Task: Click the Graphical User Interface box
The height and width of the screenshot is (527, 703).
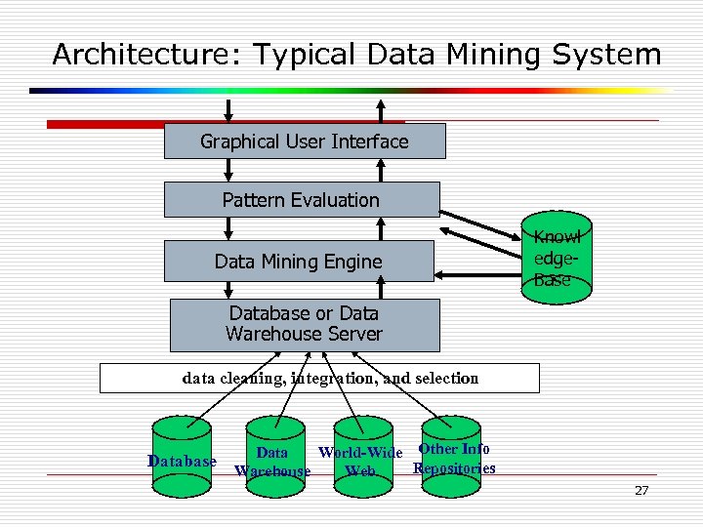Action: (304, 142)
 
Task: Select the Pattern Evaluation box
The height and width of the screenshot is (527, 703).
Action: (301, 200)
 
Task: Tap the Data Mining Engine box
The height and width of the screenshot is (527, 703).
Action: (299, 261)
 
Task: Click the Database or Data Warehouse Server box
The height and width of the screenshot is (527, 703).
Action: (304, 324)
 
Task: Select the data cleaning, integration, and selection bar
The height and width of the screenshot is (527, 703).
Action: (319, 378)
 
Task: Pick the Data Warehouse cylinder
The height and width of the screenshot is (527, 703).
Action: (272, 450)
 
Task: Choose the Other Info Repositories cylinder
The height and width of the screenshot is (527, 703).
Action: (451, 448)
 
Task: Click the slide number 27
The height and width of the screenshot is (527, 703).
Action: (641, 490)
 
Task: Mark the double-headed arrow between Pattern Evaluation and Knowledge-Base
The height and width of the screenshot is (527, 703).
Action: (482, 221)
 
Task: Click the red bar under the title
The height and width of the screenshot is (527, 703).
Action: (195, 125)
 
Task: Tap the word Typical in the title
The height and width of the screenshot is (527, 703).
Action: (300, 55)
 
